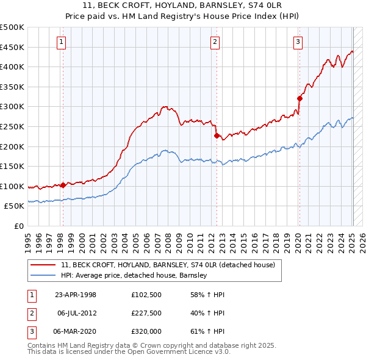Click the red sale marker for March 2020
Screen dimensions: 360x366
tap(300, 98)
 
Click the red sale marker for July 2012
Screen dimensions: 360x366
tap(217, 135)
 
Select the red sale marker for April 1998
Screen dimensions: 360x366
tap(63, 185)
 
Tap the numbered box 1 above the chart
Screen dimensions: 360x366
tap(62, 42)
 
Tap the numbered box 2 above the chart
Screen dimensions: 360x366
tap(215, 42)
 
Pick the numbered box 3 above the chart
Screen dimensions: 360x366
tap(298, 42)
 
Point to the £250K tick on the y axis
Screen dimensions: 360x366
tap(12, 126)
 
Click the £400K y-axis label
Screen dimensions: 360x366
tap(12, 67)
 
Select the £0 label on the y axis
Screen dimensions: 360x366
tap(18, 226)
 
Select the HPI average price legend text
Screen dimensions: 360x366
tap(134, 276)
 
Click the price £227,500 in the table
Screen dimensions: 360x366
tap(146, 313)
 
